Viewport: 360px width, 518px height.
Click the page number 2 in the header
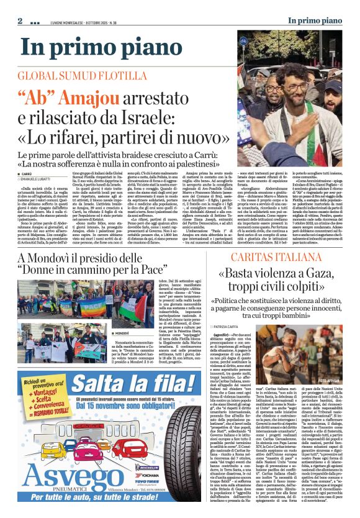click(x=20, y=21)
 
